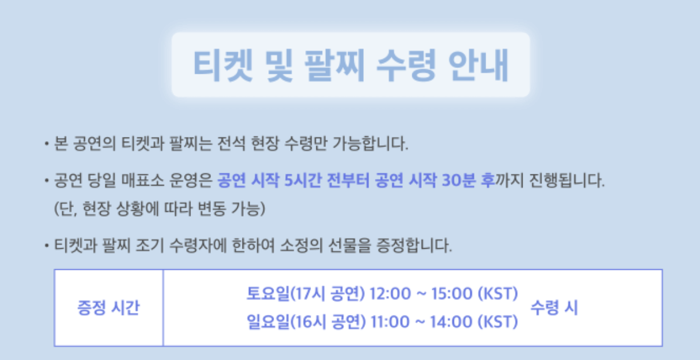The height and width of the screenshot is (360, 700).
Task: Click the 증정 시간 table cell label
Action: (108, 308)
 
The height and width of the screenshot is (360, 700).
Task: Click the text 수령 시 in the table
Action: (554, 308)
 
